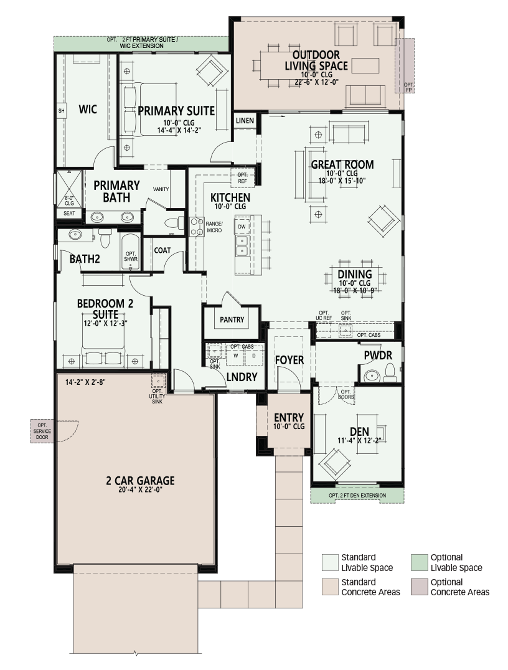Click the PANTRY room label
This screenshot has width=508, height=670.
pyautogui.click(x=232, y=319)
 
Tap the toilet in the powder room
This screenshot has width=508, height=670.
pyautogui.click(x=391, y=372)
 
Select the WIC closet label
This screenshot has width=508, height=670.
pyautogui.click(x=88, y=110)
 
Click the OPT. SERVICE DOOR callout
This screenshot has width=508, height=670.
pyautogui.click(x=42, y=431)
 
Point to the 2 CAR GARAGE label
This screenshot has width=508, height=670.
pyautogui.click(x=140, y=481)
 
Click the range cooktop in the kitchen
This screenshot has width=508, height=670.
pyautogui.click(x=197, y=227)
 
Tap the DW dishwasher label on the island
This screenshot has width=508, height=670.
pyautogui.click(x=242, y=227)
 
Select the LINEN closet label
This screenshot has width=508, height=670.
pyautogui.click(x=245, y=121)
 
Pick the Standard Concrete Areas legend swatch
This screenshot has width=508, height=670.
pyautogui.click(x=330, y=587)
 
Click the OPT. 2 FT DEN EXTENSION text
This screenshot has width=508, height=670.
pyautogui.click(x=357, y=495)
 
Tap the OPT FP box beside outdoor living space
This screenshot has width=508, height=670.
pyautogui.click(x=405, y=65)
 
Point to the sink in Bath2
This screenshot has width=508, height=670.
pyautogui.click(x=75, y=234)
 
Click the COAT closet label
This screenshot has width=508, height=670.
pyautogui.click(x=162, y=250)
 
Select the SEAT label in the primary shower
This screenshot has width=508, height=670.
pyautogui.click(x=69, y=213)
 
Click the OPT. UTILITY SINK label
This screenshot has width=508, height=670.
pyautogui.click(x=158, y=396)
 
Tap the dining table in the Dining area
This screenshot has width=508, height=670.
pyautogui.click(x=355, y=278)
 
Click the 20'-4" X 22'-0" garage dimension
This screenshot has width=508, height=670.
pyautogui.click(x=141, y=489)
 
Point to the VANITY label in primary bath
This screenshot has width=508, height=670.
pyautogui.click(x=161, y=189)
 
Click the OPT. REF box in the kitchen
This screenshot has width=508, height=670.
pyautogui.click(x=242, y=177)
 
